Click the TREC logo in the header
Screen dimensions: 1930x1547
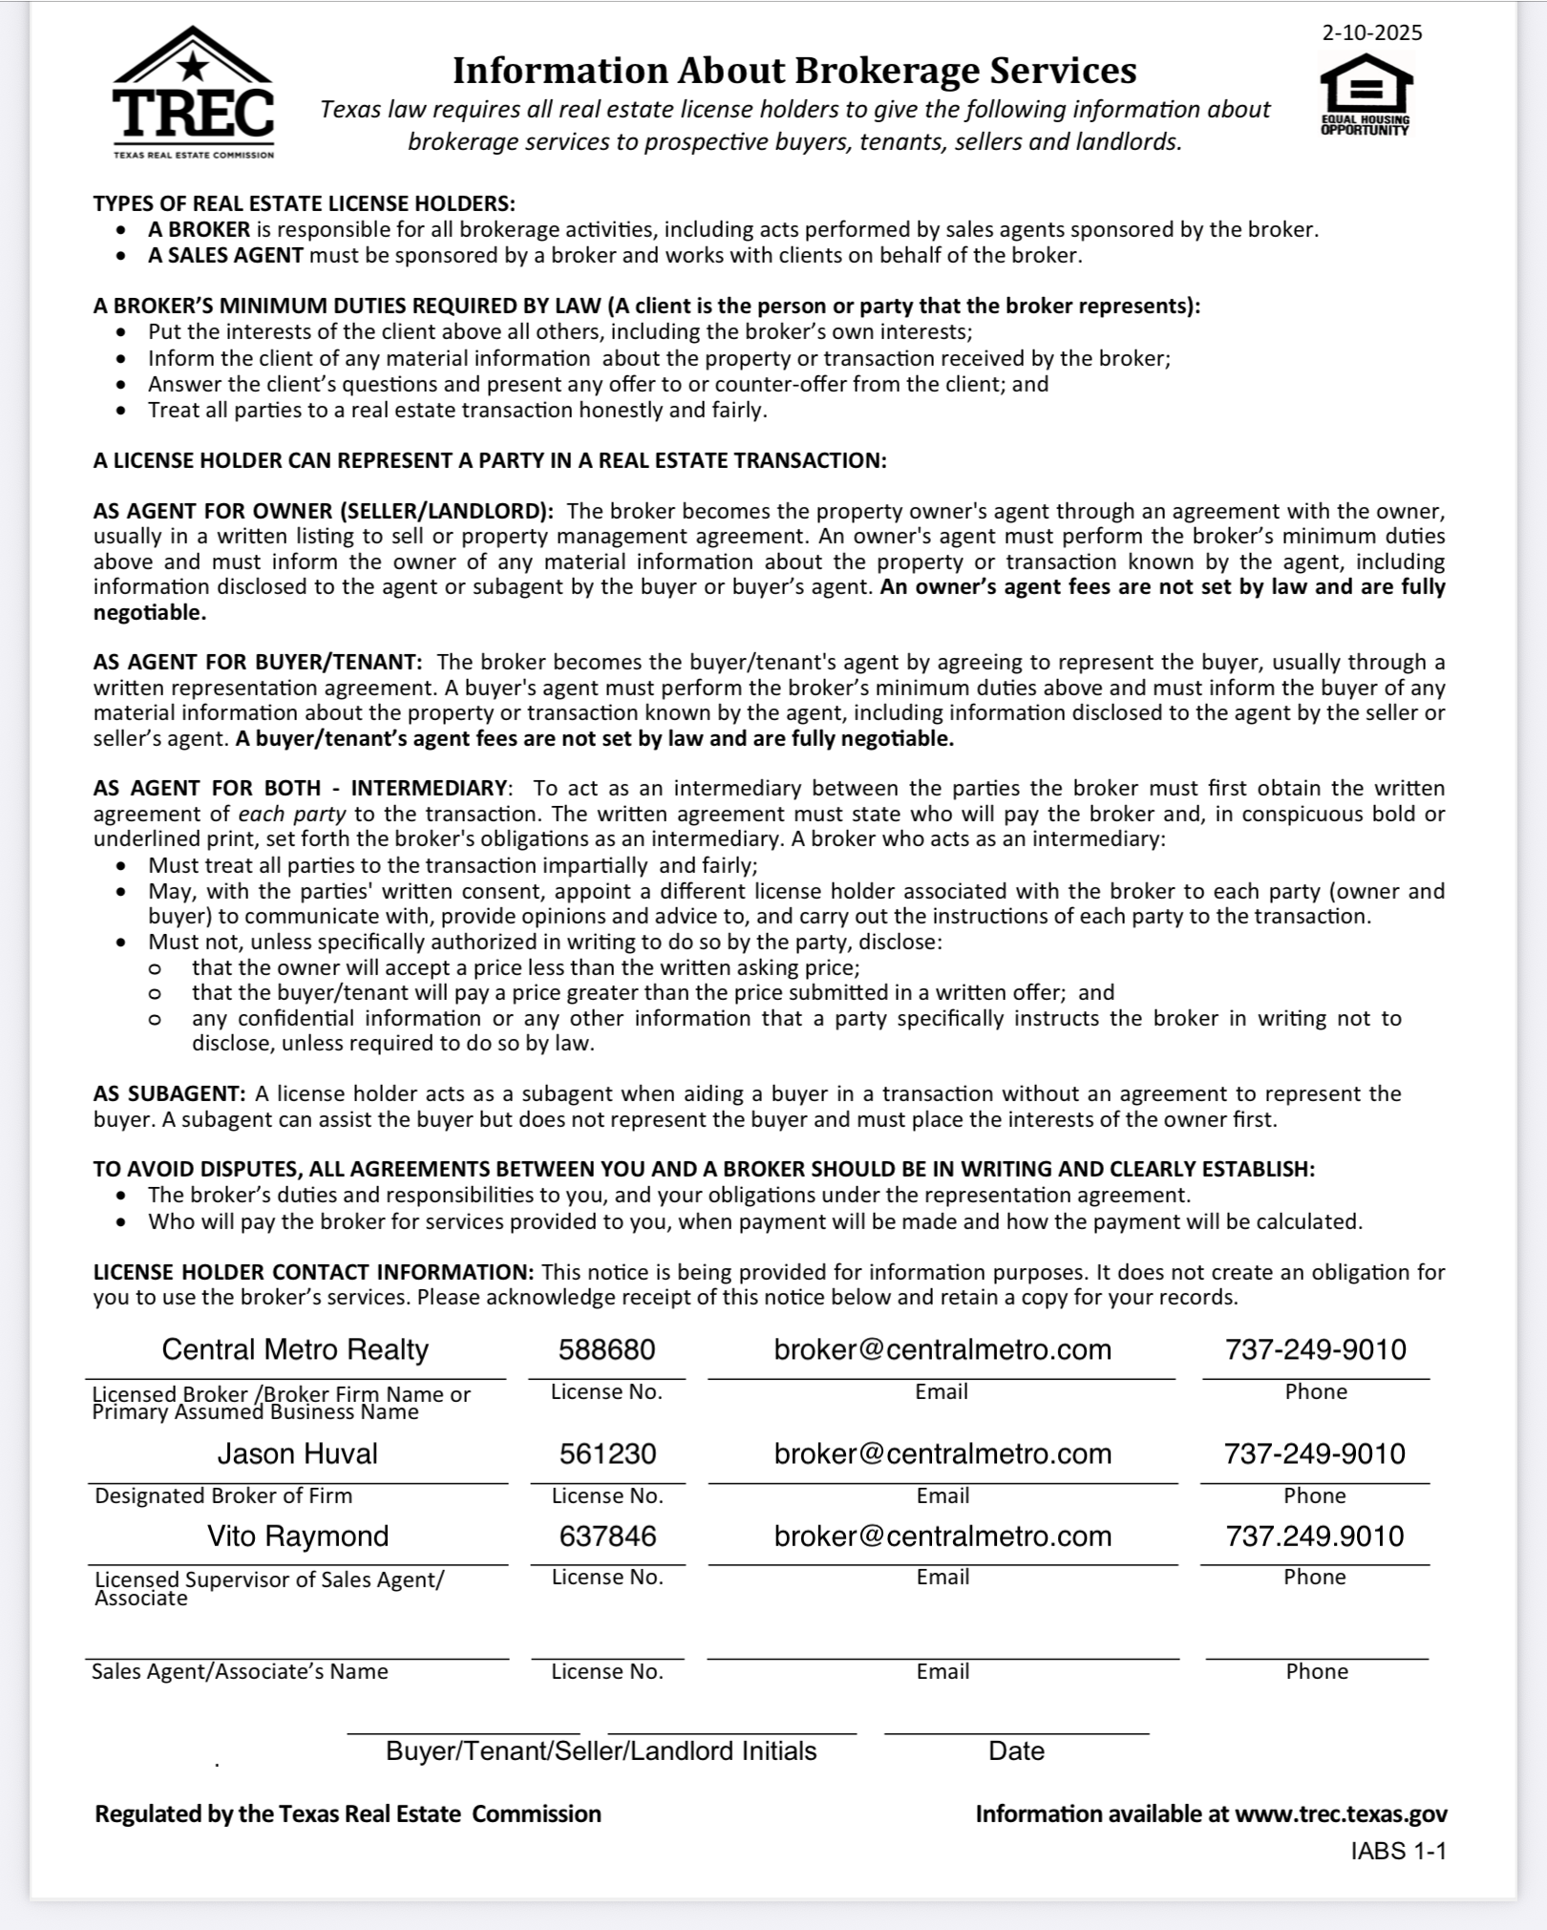tap(194, 95)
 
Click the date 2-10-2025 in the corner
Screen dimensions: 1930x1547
tap(1371, 33)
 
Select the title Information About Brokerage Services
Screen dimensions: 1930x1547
tap(794, 71)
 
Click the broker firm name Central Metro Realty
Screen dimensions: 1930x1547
tap(295, 1349)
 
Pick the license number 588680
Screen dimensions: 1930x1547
tap(606, 1349)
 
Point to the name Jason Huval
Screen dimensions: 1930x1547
tap(297, 1453)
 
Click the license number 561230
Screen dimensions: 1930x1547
tap(607, 1453)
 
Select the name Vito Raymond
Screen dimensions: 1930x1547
tap(298, 1536)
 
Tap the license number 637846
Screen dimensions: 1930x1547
tap(607, 1536)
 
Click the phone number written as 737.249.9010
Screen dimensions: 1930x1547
tap(1314, 1536)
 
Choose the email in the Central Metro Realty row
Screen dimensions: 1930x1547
tap(943, 1349)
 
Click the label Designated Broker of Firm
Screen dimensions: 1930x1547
tap(223, 1495)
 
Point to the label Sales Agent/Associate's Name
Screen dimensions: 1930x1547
tap(240, 1671)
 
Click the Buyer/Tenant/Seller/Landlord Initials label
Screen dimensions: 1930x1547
tap(601, 1750)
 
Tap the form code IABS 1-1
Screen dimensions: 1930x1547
tap(1398, 1851)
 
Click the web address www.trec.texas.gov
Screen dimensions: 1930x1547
tap(1341, 1813)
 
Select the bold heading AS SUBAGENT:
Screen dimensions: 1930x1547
tap(169, 1093)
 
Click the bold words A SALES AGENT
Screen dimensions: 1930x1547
tap(225, 255)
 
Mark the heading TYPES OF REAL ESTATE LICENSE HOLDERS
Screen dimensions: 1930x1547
tap(304, 203)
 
